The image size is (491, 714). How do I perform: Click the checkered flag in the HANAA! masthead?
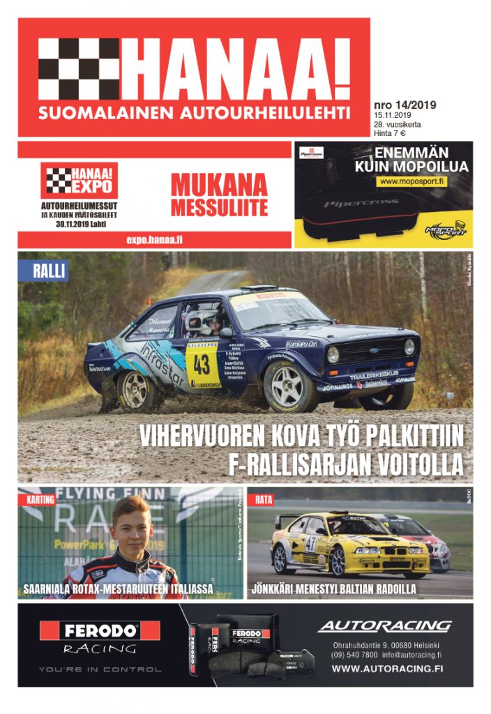[x=78, y=68]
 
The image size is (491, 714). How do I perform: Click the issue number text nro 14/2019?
[x=405, y=105]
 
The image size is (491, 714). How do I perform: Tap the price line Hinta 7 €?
[x=389, y=132]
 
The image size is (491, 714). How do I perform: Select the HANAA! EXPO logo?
[x=79, y=181]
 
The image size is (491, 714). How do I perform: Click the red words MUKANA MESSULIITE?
[x=219, y=195]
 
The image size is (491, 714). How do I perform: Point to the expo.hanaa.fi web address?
[x=155, y=239]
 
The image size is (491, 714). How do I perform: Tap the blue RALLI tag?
[x=50, y=271]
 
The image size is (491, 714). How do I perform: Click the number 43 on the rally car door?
[x=202, y=364]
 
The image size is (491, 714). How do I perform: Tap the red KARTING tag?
[x=40, y=500]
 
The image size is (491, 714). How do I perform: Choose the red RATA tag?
[x=264, y=500]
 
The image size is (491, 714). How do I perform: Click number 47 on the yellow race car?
[x=310, y=543]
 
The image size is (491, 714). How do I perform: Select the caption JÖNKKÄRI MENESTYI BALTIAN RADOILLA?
[x=334, y=589]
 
